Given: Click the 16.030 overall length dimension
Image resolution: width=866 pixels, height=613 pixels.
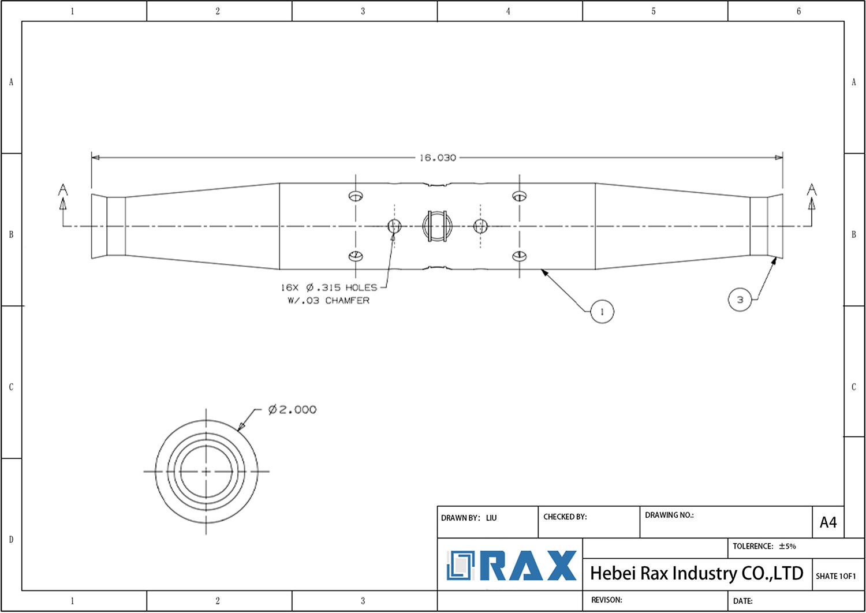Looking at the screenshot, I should (x=438, y=158).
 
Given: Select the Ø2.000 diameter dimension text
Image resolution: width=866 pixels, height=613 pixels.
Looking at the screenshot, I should (x=292, y=410).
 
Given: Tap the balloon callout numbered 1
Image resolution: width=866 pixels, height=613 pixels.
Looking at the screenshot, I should (x=602, y=312).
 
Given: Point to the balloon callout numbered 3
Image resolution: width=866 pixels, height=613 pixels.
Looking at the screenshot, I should (x=740, y=300).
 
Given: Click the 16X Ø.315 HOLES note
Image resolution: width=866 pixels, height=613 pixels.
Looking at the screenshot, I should (x=329, y=287).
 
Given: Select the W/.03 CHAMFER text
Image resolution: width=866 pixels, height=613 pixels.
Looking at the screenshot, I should (x=329, y=301).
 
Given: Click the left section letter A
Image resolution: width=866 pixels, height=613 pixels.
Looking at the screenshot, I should (x=63, y=190).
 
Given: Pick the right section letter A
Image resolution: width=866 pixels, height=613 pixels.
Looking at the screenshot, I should (x=812, y=190).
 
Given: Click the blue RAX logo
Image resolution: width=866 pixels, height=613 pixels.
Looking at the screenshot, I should (x=512, y=566).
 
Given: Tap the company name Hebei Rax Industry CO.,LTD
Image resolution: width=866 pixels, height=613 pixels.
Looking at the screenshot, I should (x=696, y=573).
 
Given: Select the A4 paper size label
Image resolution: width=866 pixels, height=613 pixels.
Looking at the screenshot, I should (x=828, y=522).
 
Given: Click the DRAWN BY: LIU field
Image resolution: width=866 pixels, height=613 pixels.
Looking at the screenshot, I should (x=469, y=518).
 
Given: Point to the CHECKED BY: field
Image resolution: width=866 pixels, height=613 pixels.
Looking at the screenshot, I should (x=565, y=517).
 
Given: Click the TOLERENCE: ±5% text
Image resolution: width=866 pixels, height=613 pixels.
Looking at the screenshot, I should (x=764, y=546).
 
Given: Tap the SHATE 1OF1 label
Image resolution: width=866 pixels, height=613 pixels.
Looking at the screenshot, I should (x=835, y=576).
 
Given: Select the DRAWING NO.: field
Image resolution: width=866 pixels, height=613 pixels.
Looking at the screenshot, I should (x=669, y=515).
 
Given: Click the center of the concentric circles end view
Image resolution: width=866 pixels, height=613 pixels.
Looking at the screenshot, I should (x=206, y=472).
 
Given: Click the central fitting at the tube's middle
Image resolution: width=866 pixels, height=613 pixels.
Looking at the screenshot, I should (x=436, y=226).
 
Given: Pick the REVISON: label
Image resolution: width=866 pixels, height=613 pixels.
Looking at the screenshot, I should (x=606, y=600).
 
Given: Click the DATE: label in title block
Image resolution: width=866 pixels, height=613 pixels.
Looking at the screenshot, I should (x=742, y=601).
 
